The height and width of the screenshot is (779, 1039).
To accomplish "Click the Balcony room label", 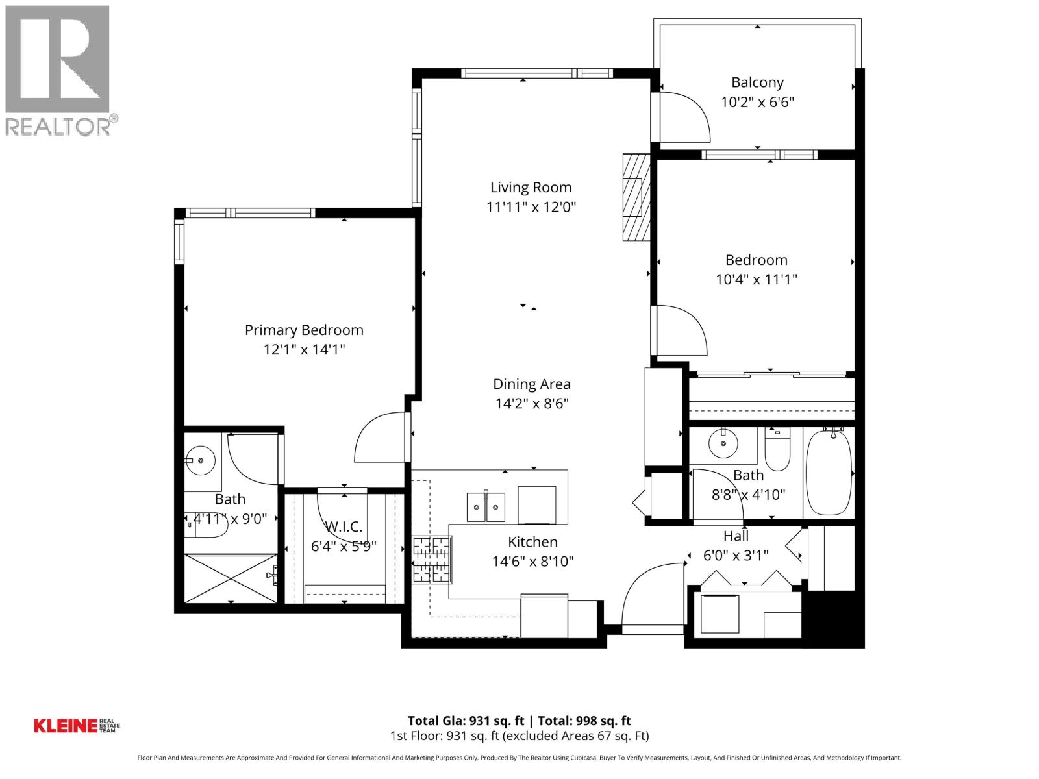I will point(757,82).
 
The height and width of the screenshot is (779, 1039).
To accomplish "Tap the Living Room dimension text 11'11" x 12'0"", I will point(531,207).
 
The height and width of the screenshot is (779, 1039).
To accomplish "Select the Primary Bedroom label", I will point(304,330).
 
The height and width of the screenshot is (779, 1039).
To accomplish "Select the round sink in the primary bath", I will point(201,460).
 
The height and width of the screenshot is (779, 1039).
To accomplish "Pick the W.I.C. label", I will point(344,526).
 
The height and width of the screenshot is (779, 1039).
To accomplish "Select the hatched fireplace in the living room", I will point(636,197).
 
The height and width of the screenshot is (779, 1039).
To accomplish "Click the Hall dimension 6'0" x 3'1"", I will point(736,556).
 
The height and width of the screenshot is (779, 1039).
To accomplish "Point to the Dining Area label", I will point(532,384).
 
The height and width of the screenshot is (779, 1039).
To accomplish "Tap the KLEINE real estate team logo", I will point(77,725).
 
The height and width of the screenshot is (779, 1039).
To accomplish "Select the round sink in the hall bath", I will point(723,444).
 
